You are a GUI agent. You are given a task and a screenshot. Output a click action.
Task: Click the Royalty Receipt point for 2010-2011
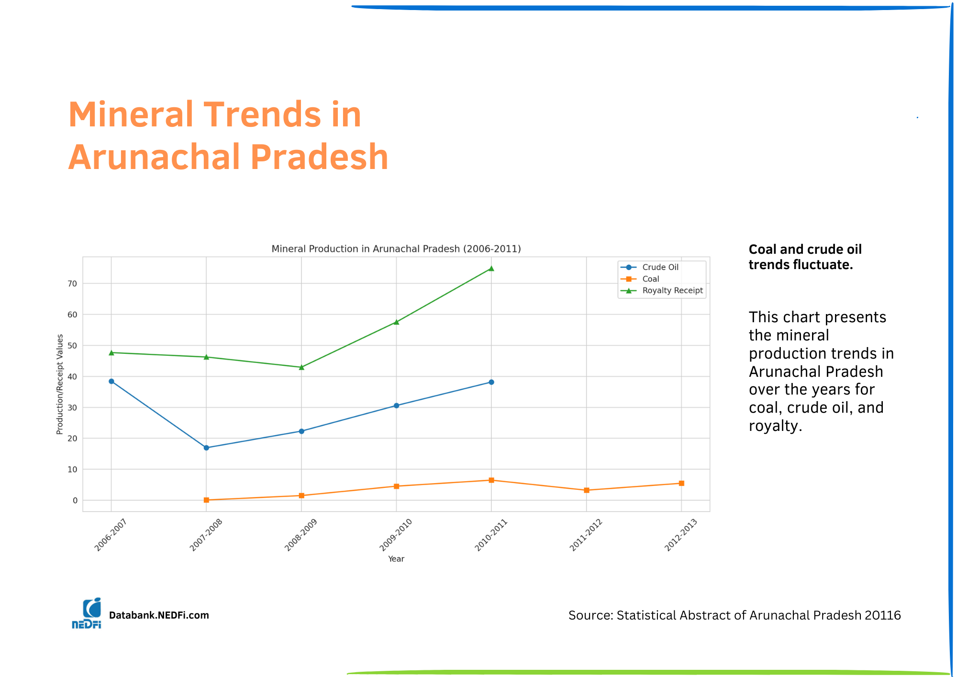pyautogui.click(x=491, y=269)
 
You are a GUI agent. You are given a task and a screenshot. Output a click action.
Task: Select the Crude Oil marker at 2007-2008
pyautogui.click(x=206, y=448)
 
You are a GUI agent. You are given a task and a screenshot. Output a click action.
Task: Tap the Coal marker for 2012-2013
pyautogui.click(x=681, y=483)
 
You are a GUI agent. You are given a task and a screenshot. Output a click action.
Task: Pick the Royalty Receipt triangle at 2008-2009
pyautogui.click(x=301, y=367)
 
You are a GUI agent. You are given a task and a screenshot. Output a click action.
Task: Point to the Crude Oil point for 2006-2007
pyautogui.click(x=111, y=382)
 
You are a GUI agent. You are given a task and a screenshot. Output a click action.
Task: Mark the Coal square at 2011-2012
pyautogui.click(x=587, y=490)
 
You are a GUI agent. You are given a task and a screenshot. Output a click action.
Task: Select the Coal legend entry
pyautogui.click(x=650, y=279)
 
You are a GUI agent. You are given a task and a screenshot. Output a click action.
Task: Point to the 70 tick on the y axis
pyautogui.click(x=72, y=283)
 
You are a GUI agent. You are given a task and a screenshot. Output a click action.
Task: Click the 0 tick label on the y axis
pyautogui.click(x=75, y=500)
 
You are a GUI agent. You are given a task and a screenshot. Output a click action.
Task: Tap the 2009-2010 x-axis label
pyautogui.click(x=396, y=535)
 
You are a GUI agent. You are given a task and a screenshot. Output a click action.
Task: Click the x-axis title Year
pyautogui.click(x=396, y=559)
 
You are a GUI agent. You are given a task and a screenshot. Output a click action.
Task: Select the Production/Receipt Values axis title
pyautogui.click(x=60, y=384)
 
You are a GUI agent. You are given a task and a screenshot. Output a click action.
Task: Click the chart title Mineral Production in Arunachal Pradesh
pyautogui.click(x=396, y=249)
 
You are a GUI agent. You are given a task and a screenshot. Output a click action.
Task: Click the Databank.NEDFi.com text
pyautogui.click(x=159, y=615)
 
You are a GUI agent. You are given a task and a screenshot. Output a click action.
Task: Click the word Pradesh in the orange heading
pyautogui.click(x=319, y=158)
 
